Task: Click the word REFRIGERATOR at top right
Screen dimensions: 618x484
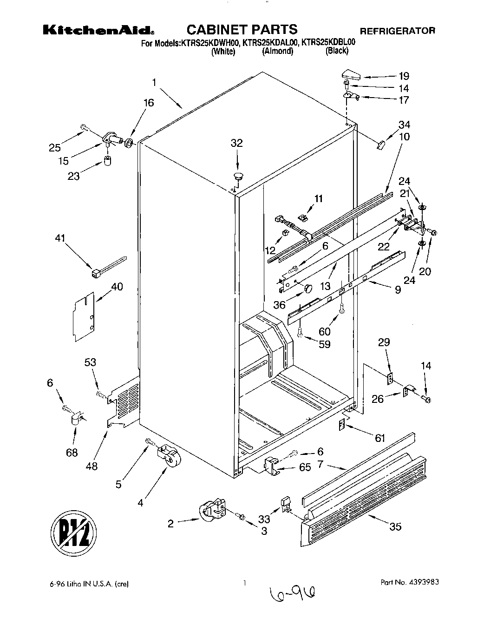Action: (398, 31)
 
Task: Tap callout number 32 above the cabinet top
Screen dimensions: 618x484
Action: (237, 143)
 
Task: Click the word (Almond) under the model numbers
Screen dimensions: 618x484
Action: (277, 51)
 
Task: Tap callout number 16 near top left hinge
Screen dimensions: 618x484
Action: (148, 103)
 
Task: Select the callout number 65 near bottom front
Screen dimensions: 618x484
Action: (305, 467)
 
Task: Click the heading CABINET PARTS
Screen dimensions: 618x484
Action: (242, 30)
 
